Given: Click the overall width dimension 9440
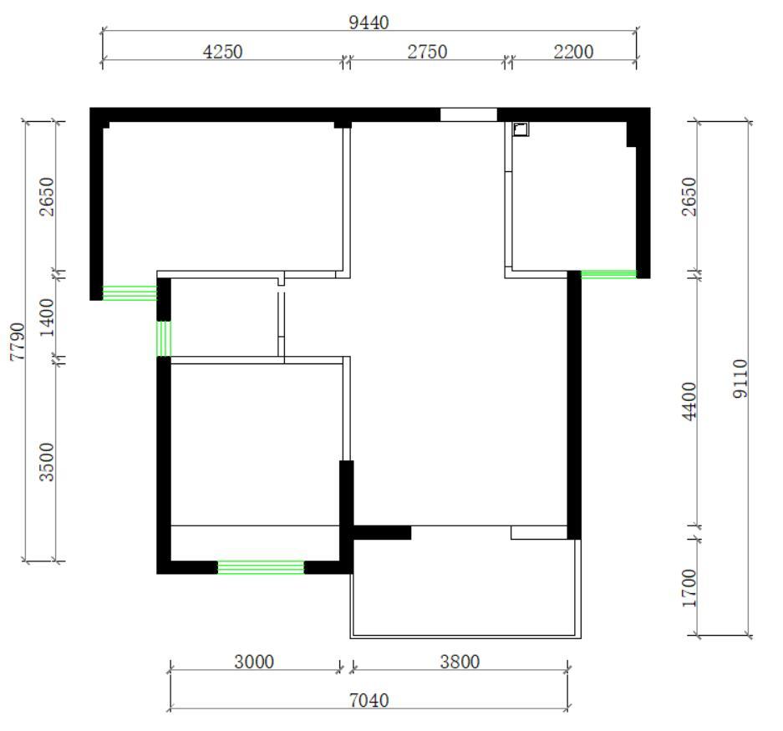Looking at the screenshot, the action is pos(369,23).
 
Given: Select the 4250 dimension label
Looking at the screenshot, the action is pos(223,52).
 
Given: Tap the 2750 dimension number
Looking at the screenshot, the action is pos(427,52).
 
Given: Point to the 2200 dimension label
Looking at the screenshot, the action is pos(573,52).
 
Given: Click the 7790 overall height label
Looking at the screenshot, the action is pos(18,342).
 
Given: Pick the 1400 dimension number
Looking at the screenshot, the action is pos(47,317).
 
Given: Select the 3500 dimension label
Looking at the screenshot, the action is pos(47,462).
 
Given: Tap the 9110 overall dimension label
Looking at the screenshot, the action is pos(740,378).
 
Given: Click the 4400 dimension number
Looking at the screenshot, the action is pos(689,402).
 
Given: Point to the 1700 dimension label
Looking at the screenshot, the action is pos(689,588).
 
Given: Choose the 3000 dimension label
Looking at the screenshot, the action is pos(254,662).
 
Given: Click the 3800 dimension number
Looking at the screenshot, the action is pos(460,662).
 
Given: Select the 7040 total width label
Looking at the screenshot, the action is pos(369,701).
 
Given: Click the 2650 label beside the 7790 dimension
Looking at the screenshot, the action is pos(47,196).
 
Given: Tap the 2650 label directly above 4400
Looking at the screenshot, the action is pos(689,196).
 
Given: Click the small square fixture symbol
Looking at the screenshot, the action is pos(521,129).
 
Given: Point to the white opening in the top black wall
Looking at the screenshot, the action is pos(469,114).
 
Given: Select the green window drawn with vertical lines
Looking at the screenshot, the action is pos(164,338).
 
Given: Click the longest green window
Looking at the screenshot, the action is pos(261,568).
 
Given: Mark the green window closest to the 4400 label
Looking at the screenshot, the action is pos(608,274).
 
